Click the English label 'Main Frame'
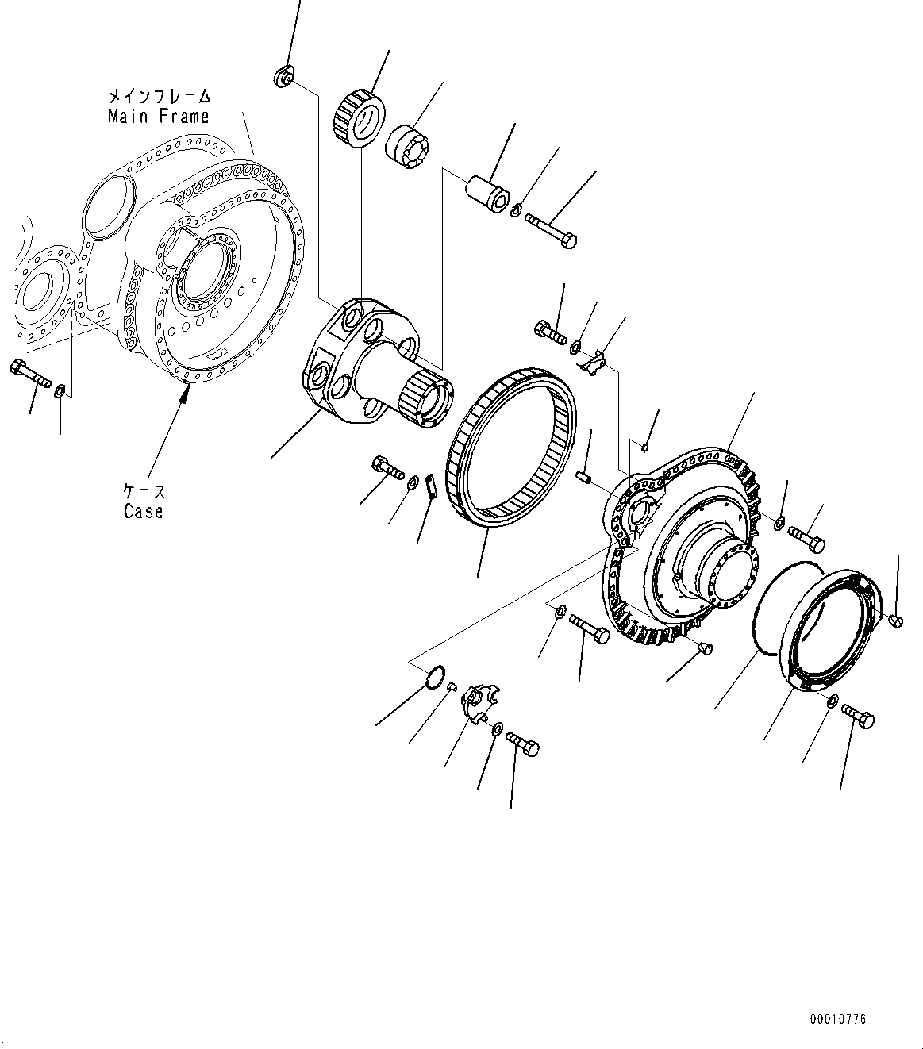[x=158, y=116]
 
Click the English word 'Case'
[x=143, y=511]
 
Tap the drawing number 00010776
[x=838, y=1018]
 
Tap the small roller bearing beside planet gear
[x=406, y=145]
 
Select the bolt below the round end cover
[x=857, y=715]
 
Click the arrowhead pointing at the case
[x=184, y=396]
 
